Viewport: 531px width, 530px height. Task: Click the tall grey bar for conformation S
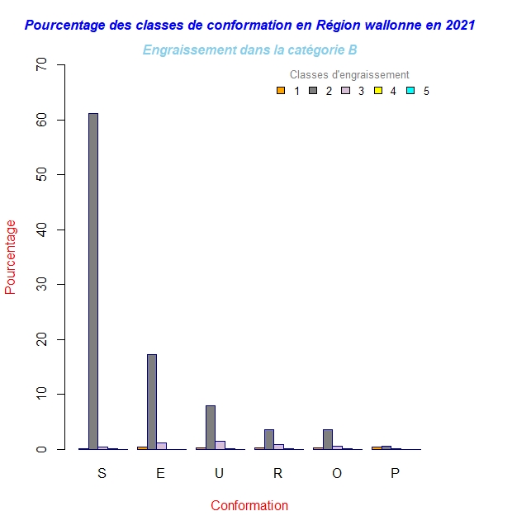click(x=93, y=281)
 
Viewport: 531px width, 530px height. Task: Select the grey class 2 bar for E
click(x=152, y=401)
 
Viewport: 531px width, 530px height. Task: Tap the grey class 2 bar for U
click(x=211, y=427)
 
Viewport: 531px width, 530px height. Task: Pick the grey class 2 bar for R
click(x=269, y=439)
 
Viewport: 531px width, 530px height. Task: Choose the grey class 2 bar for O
click(x=328, y=439)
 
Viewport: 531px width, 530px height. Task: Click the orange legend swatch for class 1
click(x=281, y=91)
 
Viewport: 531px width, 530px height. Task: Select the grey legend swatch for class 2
click(x=313, y=91)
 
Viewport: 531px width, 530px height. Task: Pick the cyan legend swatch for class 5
click(x=410, y=91)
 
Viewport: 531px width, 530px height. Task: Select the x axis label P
click(x=395, y=473)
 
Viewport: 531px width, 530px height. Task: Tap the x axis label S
click(x=102, y=473)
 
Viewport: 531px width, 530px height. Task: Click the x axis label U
click(x=219, y=473)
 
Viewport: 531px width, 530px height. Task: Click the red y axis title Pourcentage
click(x=11, y=257)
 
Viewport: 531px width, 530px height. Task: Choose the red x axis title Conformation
click(x=249, y=505)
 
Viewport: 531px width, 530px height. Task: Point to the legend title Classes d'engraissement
click(x=349, y=75)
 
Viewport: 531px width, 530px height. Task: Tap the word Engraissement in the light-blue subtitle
click(x=183, y=50)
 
